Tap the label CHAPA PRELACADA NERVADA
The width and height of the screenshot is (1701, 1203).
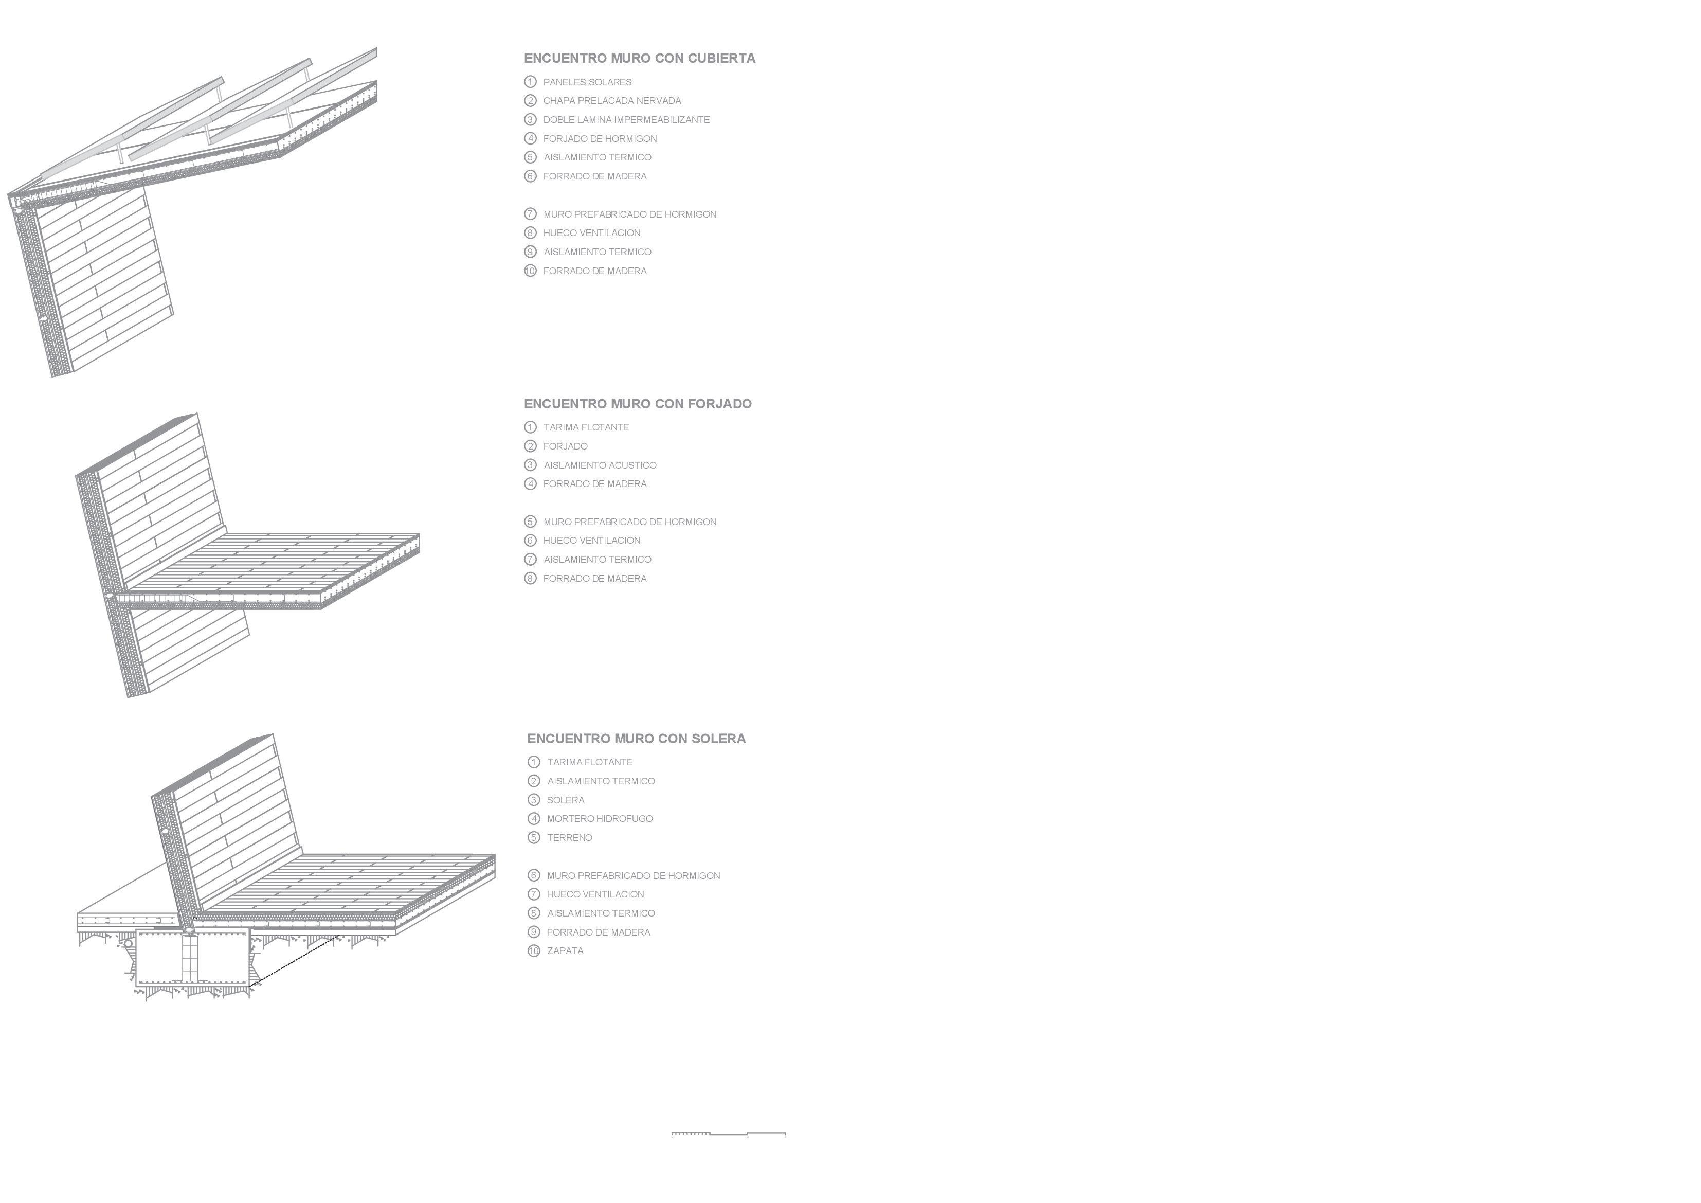click(x=611, y=101)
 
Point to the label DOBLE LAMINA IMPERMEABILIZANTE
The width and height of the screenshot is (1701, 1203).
click(x=626, y=119)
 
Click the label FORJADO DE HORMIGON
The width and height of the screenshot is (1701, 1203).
click(x=600, y=138)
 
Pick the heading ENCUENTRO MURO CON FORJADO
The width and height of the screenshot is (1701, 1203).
click(x=637, y=404)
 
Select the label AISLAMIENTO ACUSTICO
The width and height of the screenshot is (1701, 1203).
click(x=600, y=465)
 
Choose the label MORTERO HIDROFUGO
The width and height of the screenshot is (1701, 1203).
click(x=600, y=819)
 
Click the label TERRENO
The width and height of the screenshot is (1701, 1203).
click(x=569, y=838)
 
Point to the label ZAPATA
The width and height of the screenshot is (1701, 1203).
click(x=565, y=951)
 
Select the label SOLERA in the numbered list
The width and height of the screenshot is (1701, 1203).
click(x=565, y=800)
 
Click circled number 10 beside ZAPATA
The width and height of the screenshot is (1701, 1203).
click(x=533, y=951)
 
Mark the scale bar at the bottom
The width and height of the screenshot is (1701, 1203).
click(x=728, y=1134)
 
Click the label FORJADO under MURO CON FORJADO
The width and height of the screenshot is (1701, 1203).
click(x=565, y=446)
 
